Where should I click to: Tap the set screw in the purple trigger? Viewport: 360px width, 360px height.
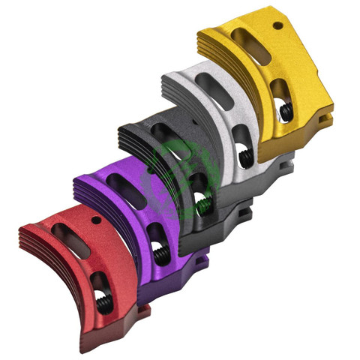pyautogui.click(x=159, y=254)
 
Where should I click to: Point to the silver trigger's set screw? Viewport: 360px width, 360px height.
pyautogui.click(x=244, y=157)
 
